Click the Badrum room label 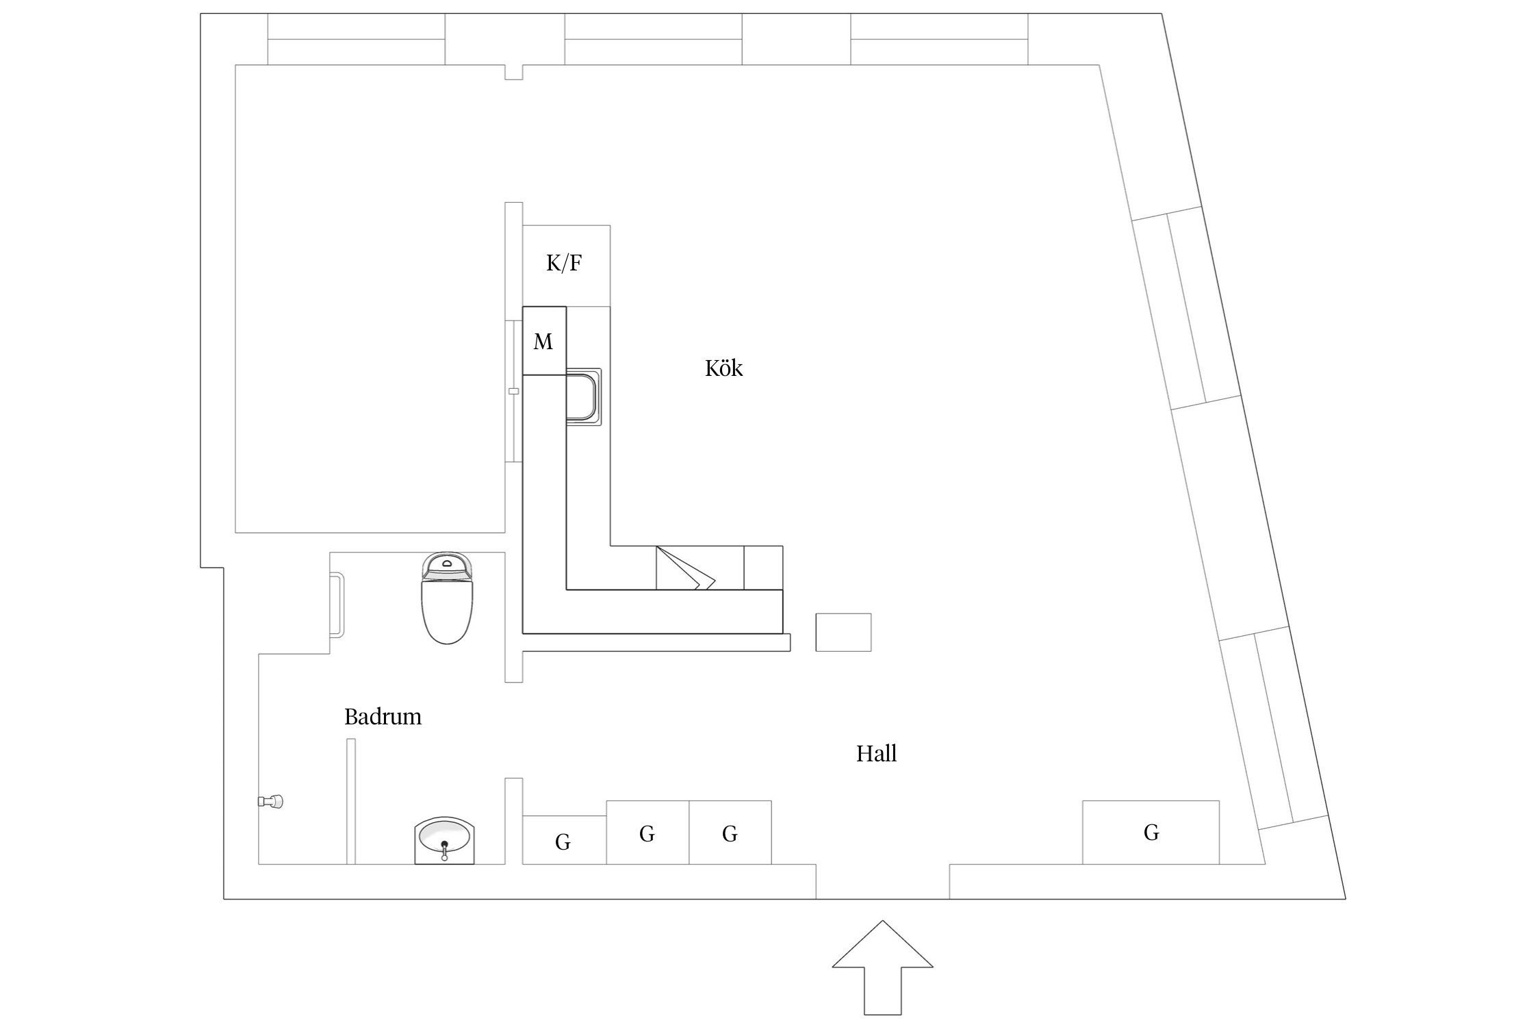[383, 717]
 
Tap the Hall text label [876, 754]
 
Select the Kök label [723, 369]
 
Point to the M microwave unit [544, 341]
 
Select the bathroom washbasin [445, 839]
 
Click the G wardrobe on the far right [1151, 833]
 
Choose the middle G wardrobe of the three [647, 833]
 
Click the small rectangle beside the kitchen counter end [843, 632]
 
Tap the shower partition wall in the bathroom [351, 801]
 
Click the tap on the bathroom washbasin [445, 851]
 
